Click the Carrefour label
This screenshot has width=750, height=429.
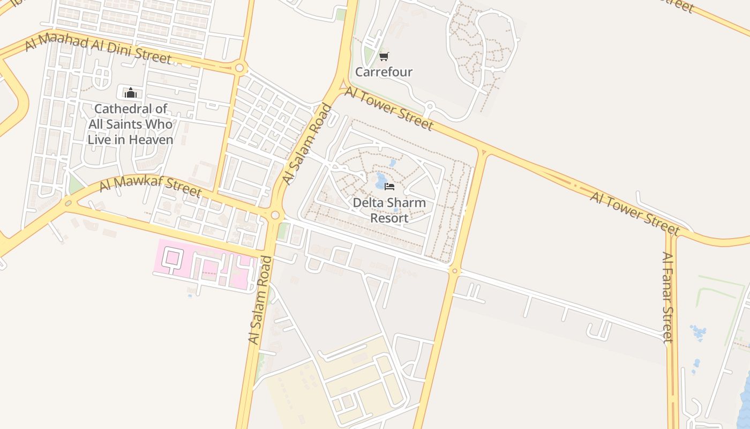[384, 72]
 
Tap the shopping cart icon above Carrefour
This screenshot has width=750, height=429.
[384, 56]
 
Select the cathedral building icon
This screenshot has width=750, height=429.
[130, 93]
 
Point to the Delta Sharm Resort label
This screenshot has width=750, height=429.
[389, 210]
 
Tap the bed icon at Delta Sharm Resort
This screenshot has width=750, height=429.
[389, 187]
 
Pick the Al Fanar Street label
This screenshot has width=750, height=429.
[667, 297]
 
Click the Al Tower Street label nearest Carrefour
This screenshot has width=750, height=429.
[389, 109]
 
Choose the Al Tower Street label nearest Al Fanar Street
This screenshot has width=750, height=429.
[635, 213]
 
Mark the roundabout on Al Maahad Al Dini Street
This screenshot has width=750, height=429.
[239, 68]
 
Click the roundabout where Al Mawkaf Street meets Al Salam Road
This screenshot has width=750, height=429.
[275, 215]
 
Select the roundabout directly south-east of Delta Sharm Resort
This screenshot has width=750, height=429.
[455, 270]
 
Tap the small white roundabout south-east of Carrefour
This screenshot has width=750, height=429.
[429, 106]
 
